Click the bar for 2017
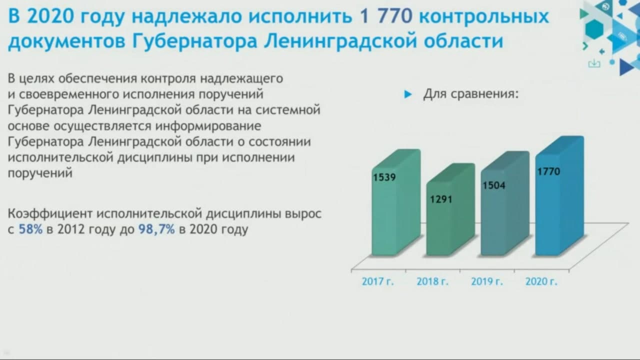(396, 202)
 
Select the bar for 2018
(450, 209)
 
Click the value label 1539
(384, 177)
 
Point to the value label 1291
(441, 199)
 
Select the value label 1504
(494, 185)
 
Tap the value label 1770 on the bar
(549, 171)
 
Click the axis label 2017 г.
(377, 281)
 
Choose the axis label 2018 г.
(432, 281)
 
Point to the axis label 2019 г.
(487, 281)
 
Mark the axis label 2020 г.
(541, 281)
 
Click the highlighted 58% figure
(30, 229)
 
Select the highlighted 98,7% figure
(156, 229)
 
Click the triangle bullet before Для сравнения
(408, 94)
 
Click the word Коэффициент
(50, 213)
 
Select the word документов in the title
(67, 41)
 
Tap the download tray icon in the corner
(594, 63)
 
